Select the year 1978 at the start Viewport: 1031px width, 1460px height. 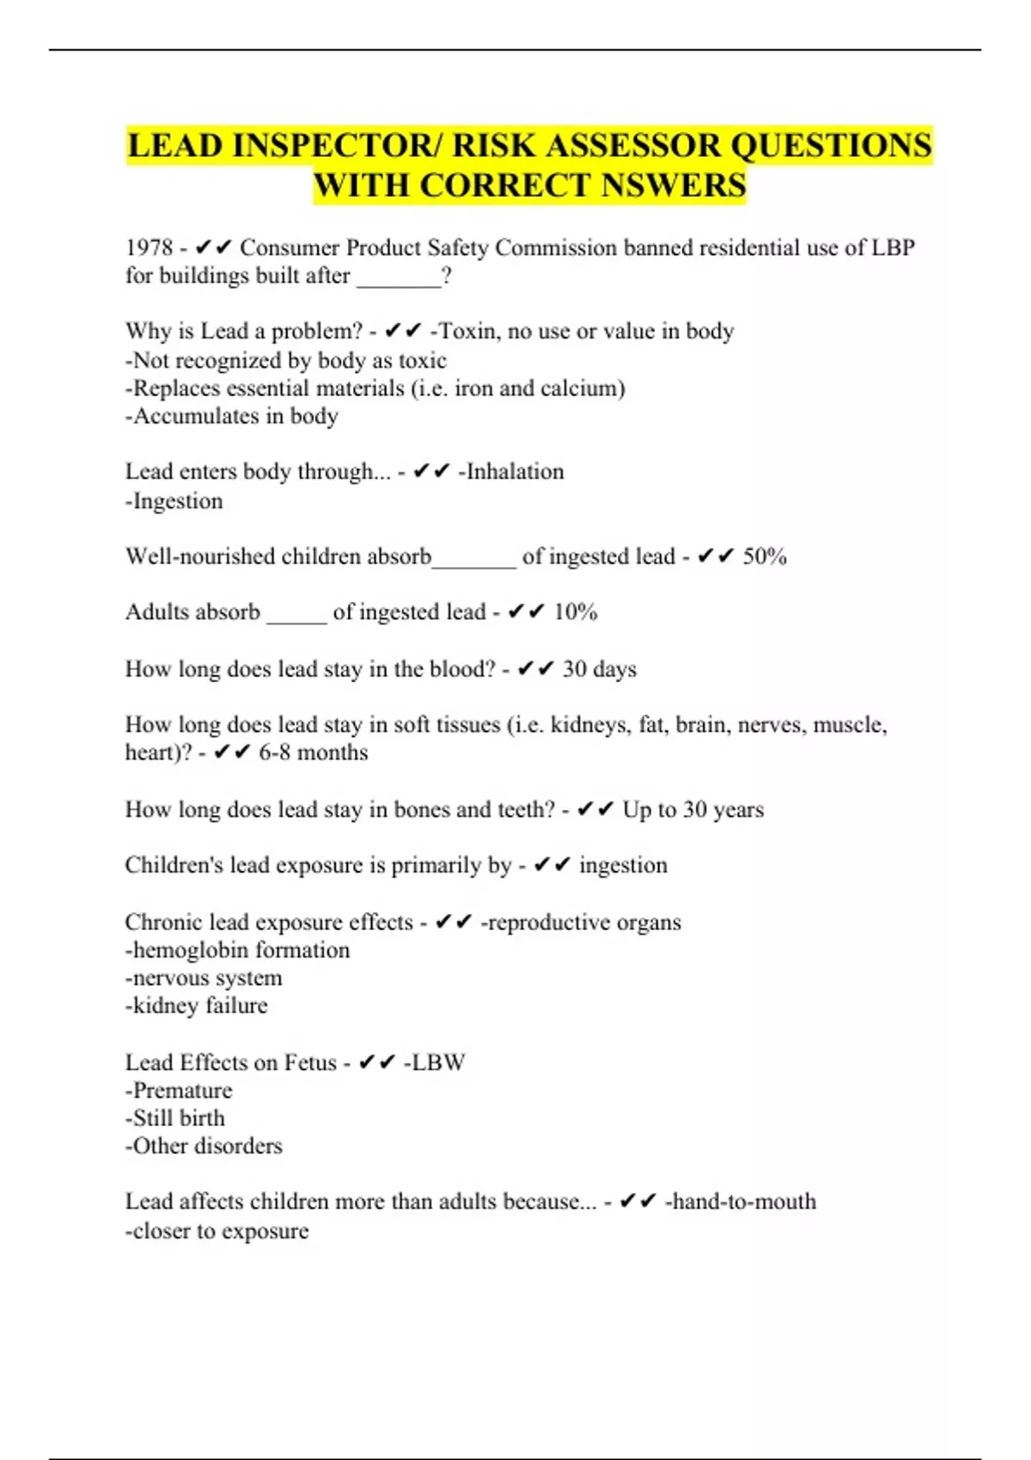point(149,248)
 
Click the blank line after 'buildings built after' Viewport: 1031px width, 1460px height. point(398,277)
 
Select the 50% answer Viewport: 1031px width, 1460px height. point(765,557)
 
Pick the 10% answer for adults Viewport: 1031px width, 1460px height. point(575,612)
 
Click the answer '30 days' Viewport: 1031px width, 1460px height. point(599,669)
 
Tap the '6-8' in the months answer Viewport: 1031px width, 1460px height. point(274,752)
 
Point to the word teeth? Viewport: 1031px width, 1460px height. point(525,810)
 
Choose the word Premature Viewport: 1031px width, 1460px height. point(182,1091)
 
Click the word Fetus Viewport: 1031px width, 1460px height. point(310,1063)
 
